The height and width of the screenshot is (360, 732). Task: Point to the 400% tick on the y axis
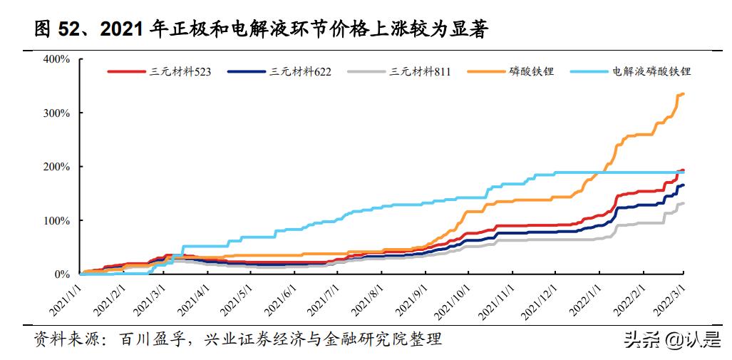(x=56, y=59)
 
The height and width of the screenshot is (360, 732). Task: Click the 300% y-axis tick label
(x=56, y=113)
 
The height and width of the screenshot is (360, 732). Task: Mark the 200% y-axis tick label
(x=56, y=166)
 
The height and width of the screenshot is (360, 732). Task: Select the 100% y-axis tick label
(x=56, y=220)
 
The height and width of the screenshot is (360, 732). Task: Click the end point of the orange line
(x=684, y=93)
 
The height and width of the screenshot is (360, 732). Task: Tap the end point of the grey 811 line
(x=684, y=203)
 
